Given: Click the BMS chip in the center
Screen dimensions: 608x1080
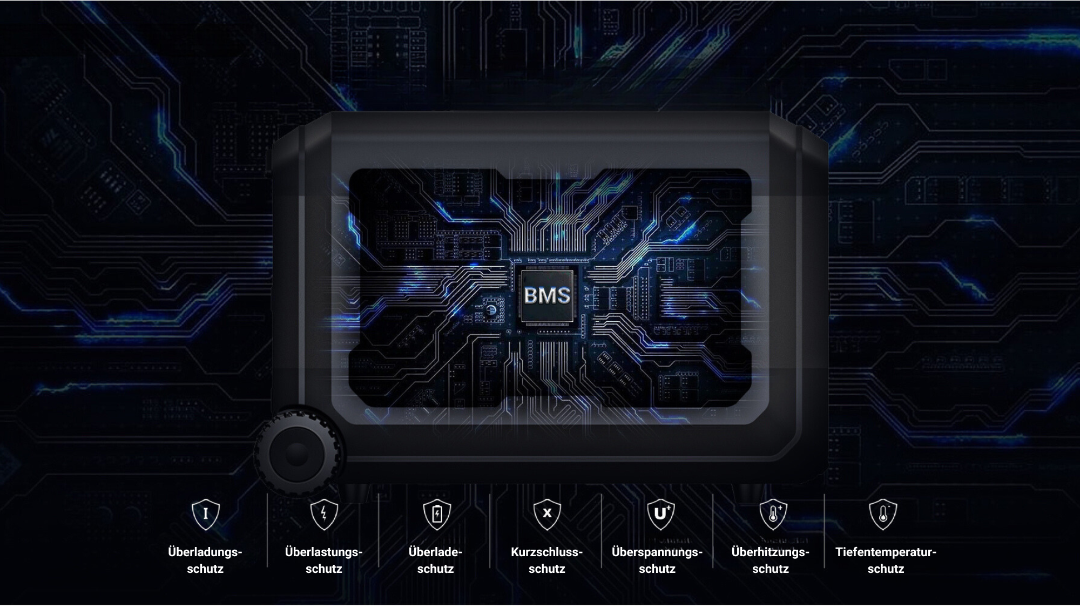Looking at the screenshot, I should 547,295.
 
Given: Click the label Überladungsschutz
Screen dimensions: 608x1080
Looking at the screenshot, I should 205,560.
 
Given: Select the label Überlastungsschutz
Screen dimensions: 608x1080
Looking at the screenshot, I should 324,560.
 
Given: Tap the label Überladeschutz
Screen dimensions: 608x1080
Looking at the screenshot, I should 436,560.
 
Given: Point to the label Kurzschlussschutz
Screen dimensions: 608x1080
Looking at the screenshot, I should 547,560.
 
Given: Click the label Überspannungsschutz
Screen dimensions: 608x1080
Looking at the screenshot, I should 657,560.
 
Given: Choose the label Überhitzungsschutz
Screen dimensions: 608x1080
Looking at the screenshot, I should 771,560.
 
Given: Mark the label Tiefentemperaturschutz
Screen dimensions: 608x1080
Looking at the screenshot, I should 886,560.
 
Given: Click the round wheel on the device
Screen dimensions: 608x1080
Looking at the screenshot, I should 296,454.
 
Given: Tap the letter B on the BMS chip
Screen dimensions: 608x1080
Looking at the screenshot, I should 531,295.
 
